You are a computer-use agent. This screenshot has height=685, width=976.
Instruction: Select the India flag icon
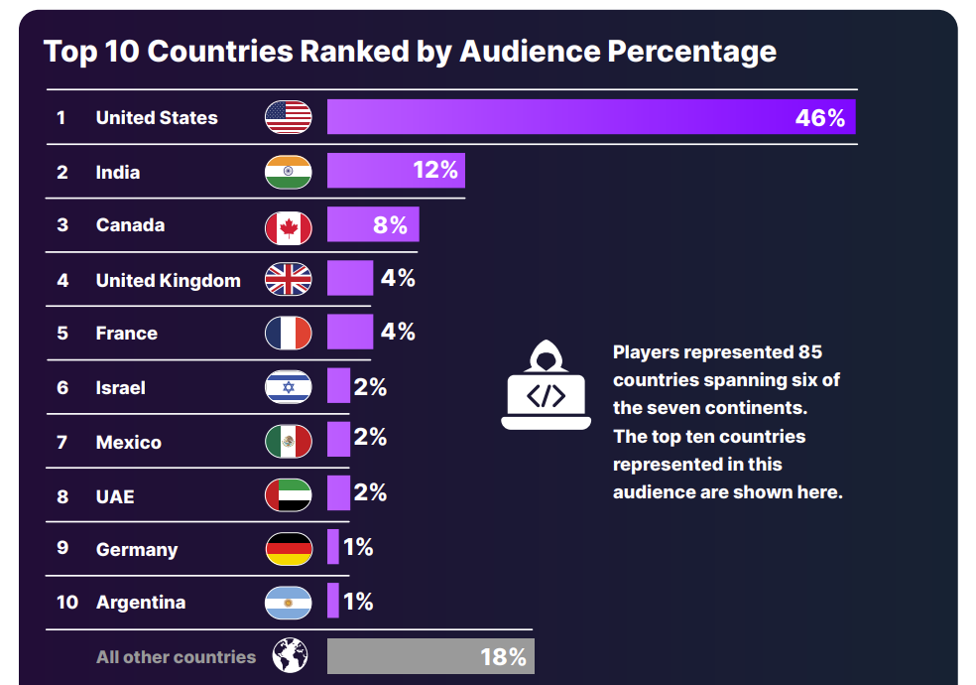(x=288, y=172)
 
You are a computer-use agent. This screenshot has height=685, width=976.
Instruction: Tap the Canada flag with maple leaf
(x=288, y=225)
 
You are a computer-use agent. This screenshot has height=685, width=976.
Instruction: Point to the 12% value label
(x=435, y=170)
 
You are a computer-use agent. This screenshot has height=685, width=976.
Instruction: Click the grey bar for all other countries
(x=429, y=656)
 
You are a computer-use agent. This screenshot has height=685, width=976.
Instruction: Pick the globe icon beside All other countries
(x=290, y=656)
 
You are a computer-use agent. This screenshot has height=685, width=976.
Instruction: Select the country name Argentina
(x=141, y=603)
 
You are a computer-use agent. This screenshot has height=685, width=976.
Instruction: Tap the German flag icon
(x=288, y=549)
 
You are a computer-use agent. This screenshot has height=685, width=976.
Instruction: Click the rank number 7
(x=61, y=442)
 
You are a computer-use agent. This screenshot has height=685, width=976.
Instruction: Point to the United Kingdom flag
(x=288, y=279)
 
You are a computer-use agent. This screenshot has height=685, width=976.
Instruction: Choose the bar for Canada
(x=373, y=224)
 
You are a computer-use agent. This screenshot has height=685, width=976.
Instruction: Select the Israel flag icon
(x=288, y=386)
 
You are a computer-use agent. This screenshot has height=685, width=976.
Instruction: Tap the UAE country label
(x=114, y=495)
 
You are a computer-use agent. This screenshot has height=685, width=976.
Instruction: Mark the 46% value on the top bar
(x=820, y=118)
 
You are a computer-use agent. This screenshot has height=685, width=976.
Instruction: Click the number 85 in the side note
(x=810, y=352)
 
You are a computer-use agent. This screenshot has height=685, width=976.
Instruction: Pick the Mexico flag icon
(x=288, y=441)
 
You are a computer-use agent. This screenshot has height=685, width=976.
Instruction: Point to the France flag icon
(x=288, y=333)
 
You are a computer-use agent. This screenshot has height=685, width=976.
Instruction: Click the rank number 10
(x=66, y=603)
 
